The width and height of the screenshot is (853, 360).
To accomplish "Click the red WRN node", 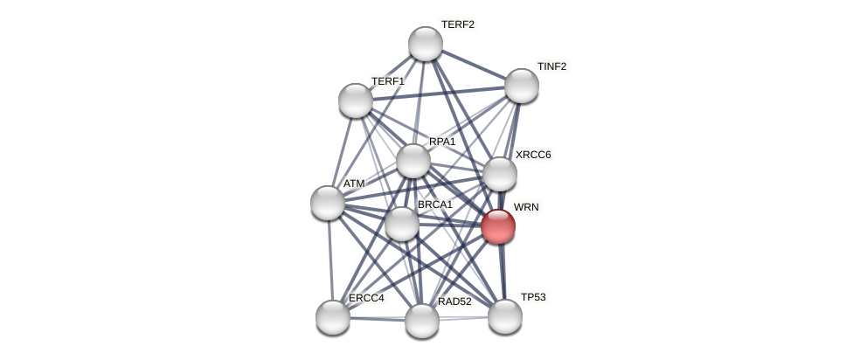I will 498,226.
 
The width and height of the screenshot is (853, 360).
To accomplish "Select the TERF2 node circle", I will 426,44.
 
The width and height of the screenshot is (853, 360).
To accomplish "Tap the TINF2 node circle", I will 522,86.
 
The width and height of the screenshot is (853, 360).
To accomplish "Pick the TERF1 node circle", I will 356,100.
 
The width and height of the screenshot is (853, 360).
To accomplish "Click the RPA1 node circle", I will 413,161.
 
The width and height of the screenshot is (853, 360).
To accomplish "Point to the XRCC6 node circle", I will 500,174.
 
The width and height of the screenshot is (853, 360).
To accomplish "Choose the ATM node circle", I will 328,203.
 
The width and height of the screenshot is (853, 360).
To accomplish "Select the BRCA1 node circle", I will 402,224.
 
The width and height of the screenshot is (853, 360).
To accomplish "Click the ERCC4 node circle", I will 333,316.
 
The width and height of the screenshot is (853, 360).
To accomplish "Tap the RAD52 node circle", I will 422,321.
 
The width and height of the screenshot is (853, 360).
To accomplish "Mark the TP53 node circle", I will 505,316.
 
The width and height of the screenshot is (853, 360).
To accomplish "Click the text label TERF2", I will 457,24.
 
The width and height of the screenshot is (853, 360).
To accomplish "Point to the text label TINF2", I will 551,66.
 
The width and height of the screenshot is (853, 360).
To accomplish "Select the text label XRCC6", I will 533,155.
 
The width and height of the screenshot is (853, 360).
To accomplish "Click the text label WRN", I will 526,207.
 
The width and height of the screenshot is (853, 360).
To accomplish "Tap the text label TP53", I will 533,297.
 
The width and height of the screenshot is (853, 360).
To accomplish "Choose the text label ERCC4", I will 366,298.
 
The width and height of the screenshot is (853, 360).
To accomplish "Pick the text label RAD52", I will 454,301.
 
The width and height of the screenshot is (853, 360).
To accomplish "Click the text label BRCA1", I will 434,204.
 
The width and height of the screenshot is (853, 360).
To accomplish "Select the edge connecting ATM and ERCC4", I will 330,260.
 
